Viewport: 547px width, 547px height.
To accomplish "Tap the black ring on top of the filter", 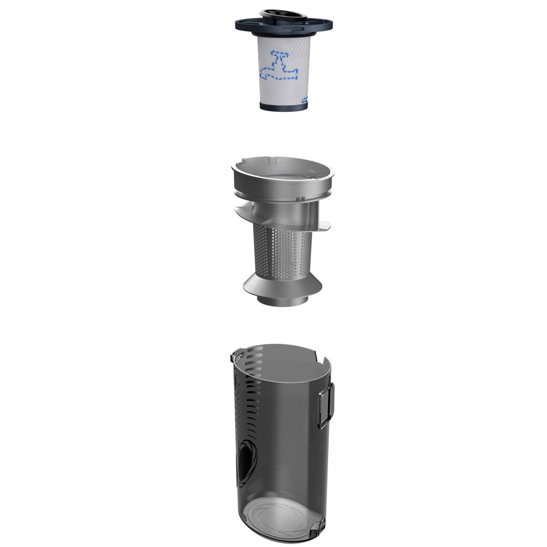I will [x=276, y=13].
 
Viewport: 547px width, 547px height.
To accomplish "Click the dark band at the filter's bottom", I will [x=283, y=106].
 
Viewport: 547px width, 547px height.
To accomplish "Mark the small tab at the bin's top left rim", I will [x=234, y=358].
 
